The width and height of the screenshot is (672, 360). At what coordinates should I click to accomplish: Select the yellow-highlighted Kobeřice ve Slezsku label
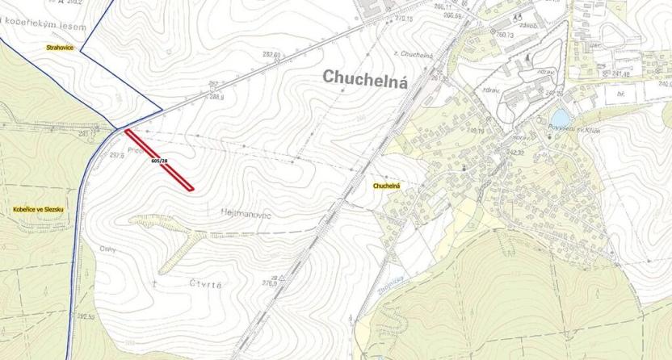tap(38, 209)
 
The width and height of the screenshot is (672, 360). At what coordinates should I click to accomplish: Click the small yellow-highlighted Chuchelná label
tap(388, 185)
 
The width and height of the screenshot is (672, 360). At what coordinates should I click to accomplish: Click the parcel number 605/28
tap(159, 161)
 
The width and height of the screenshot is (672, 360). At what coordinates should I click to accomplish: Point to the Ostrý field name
tap(109, 249)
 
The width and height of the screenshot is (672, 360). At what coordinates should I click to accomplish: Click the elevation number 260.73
tap(505, 36)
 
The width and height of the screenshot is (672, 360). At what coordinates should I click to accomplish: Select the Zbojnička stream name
tap(388, 295)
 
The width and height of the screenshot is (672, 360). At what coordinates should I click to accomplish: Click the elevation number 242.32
tap(515, 151)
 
